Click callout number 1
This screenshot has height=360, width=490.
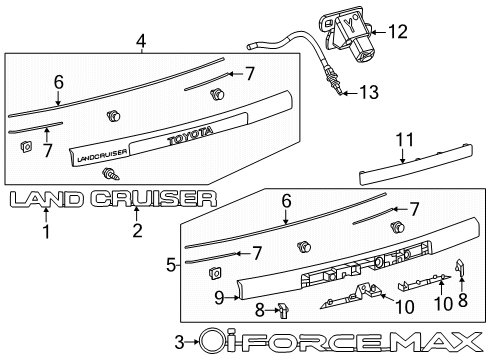click(x=46, y=232)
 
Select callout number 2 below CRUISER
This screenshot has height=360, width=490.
click(x=137, y=232)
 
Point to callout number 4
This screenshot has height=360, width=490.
click(x=141, y=41)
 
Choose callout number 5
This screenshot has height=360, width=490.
click(x=171, y=265)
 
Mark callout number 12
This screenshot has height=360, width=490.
click(x=398, y=32)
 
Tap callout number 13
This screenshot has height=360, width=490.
click(x=369, y=93)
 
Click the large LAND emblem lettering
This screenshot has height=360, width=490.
click(x=46, y=200)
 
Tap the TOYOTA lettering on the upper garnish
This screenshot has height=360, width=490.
click(x=189, y=137)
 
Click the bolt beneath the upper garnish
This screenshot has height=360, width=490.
click(x=106, y=174)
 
